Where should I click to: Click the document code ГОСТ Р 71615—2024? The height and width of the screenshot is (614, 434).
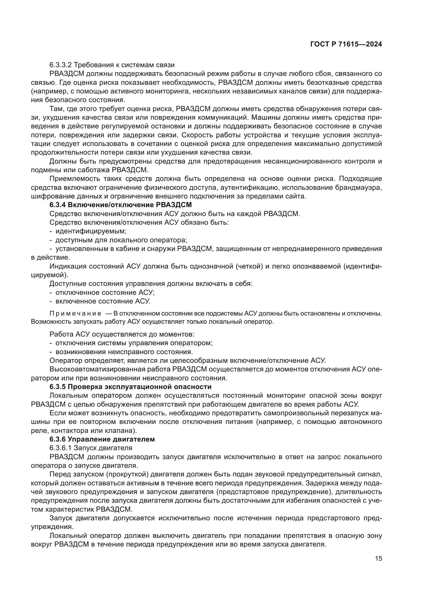[346, 44]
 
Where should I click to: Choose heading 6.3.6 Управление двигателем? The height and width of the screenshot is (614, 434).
[102, 439]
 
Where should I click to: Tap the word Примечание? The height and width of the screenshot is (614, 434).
[75, 314]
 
